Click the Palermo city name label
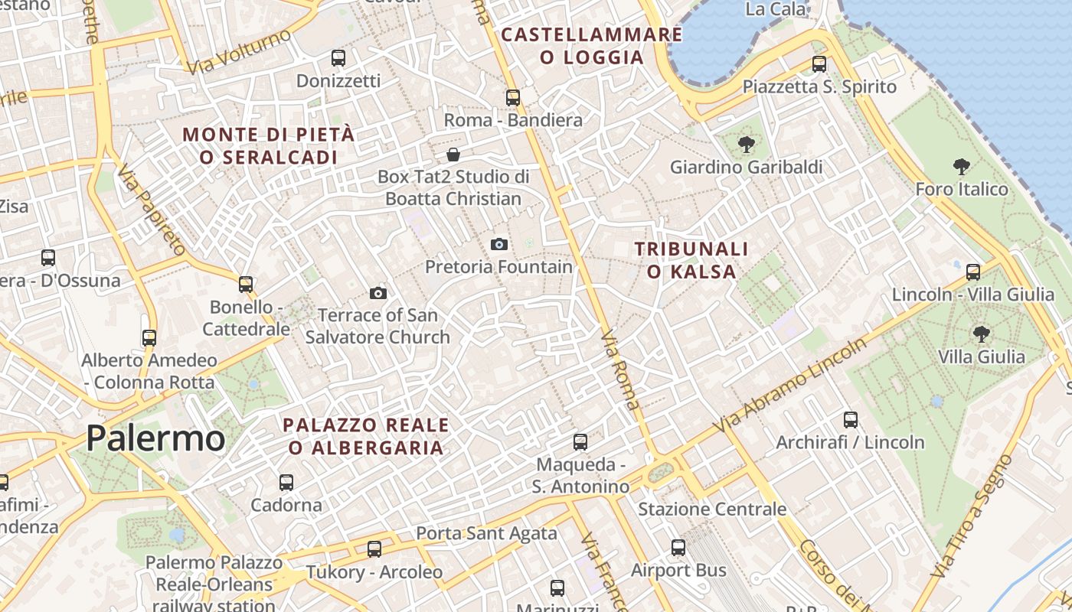(155, 438)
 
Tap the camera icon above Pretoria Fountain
(499, 244)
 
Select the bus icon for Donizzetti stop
(338, 57)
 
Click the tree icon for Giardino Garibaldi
(746, 144)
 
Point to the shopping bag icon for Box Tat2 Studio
(453, 155)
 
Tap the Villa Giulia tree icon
(981, 334)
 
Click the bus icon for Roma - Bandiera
(513, 97)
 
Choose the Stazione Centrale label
(712, 509)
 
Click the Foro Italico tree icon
(962, 166)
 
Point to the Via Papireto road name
(152, 209)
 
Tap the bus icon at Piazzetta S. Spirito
(819, 63)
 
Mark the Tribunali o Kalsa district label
(691, 260)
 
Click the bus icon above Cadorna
(286, 482)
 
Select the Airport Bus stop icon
(678, 547)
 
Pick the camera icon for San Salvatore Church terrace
(377, 293)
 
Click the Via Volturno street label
(239, 52)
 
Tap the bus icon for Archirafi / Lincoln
(850, 419)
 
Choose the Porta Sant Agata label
(486, 533)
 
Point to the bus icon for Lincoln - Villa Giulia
(973, 272)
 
